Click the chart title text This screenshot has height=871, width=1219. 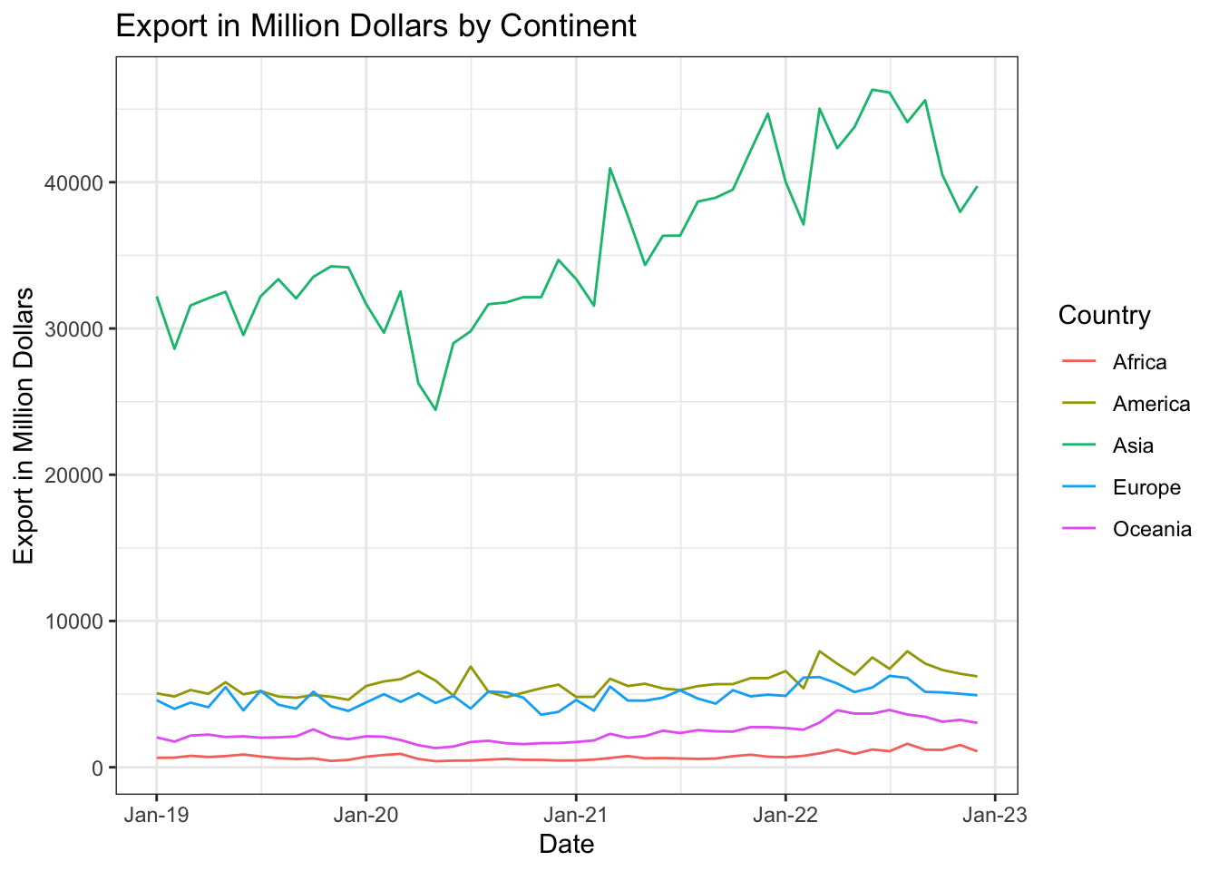tap(375, 26)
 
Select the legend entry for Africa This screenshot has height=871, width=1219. tap(1139, 363)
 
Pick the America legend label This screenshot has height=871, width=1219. tap(1151, 405)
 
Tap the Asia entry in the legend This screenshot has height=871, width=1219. tap(1133, 446)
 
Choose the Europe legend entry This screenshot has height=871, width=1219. tap(1146, 488)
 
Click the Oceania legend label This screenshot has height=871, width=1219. tap(1152, 530)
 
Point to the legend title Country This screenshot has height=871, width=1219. tap(1104, 316)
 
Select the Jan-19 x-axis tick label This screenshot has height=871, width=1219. tap(156, 815)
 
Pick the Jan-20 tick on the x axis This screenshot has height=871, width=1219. tap(366, 815)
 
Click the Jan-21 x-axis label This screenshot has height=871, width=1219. tap(576, 815)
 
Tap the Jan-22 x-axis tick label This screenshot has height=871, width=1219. tap(785, 815)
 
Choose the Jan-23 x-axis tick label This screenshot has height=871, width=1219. tap(995, 815)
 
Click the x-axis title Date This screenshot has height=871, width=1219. tap(567, 845)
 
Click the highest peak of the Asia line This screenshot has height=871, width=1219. tap(872, 90)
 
